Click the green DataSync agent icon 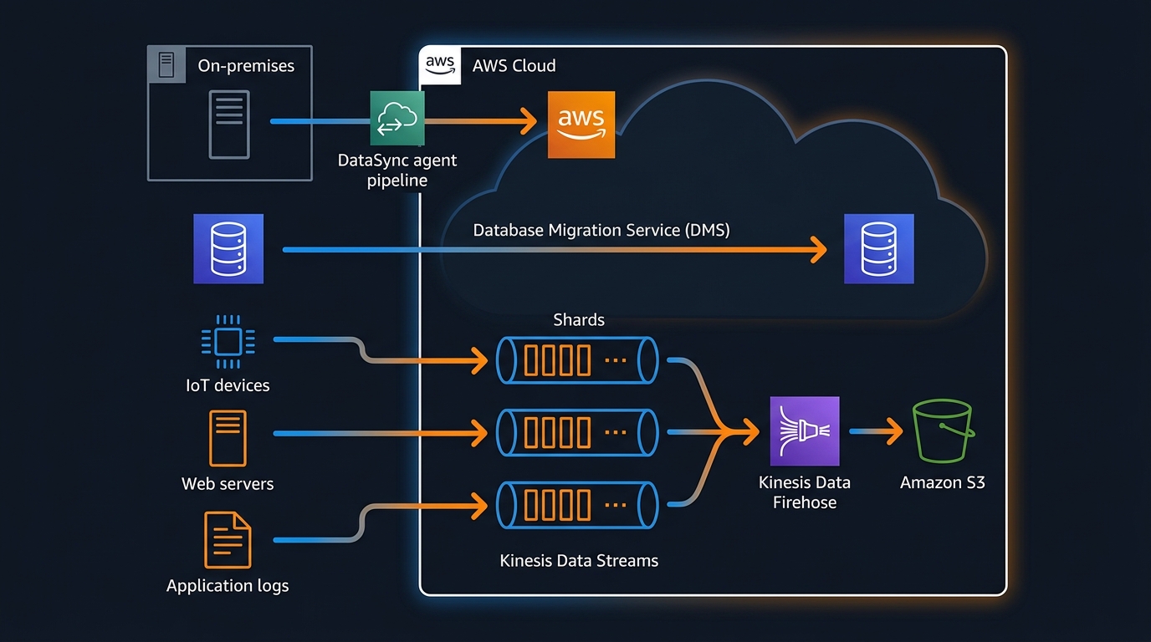[x=397, y=119]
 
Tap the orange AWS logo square [x=581, y=125]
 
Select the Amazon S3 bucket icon [x=942, y=431]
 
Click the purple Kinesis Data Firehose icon [x=804, y=431]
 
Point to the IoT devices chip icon [x=228, y=342]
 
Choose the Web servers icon [x=228, y=438]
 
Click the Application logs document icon [x=228, y=540]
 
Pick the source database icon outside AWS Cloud [x=228, y=248]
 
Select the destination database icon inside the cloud [x=878, y=248]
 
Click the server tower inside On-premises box [x=229, y=125]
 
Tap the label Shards [x=579, y=320]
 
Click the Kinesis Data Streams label [x=579, y=561]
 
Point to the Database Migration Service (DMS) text [x=601, y=230]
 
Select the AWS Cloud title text [x=514, y=66]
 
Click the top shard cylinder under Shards [x=577, y=360]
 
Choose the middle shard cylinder [x=577, y=432]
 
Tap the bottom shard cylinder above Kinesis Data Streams [x=577, y=504]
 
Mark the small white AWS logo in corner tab [x=440, y=64]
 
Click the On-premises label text [x=246, y=65]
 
